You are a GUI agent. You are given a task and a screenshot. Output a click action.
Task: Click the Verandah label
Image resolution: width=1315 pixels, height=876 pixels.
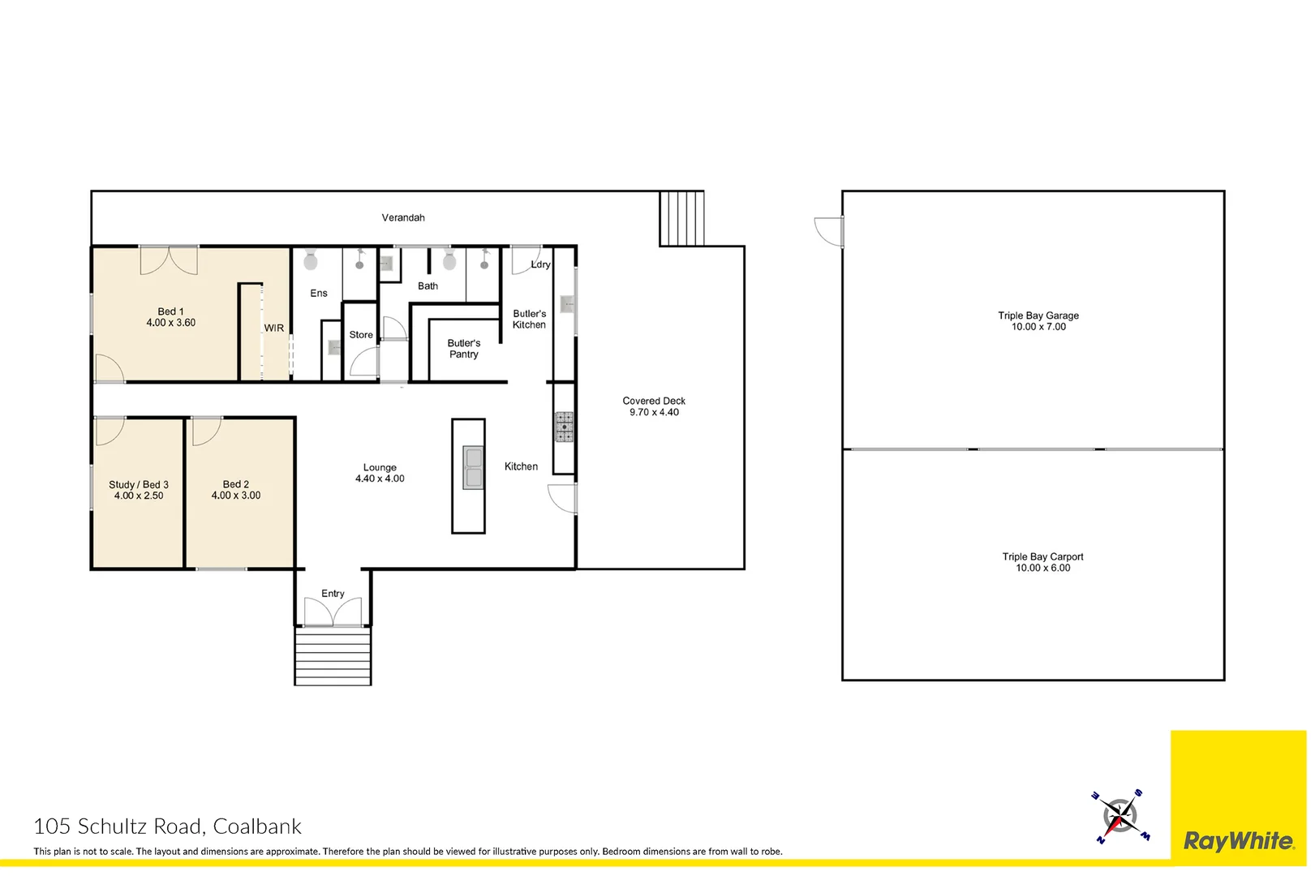[x=403, y=217]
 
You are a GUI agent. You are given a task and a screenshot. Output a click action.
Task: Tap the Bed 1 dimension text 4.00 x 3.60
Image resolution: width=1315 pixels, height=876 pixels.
[x=170, y=323]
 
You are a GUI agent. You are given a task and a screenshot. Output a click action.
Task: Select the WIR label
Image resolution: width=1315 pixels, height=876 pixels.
[x=274, y=328]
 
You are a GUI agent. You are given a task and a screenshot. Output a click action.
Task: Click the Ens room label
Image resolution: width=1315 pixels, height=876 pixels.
[x=319, y=294]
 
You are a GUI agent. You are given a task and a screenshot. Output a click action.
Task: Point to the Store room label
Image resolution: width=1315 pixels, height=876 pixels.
[x=361, y=335]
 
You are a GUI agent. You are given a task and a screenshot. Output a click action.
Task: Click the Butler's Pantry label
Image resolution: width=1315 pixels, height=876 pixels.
[x=464, y=349]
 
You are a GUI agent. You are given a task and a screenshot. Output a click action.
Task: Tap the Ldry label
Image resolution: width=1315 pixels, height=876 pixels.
[x=540, y=264]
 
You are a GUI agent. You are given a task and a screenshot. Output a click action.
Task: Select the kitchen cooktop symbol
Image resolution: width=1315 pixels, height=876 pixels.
[x=564, y=427]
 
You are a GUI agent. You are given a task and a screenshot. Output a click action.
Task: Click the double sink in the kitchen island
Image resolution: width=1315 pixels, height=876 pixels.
[x=473, y=468]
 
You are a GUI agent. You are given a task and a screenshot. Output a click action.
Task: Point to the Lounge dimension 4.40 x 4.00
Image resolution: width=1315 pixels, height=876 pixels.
[x=380, y=479]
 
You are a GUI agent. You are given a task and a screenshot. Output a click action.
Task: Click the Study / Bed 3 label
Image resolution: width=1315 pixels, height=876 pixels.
[x=139, y=485]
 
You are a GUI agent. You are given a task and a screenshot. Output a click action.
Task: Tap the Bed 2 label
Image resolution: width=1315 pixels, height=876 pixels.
[x=236, y=484]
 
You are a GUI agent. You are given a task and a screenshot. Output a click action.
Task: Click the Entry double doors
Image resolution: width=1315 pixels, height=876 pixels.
[x=333, y=612]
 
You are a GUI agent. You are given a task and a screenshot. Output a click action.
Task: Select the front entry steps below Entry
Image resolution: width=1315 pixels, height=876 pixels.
[x=333, y=656]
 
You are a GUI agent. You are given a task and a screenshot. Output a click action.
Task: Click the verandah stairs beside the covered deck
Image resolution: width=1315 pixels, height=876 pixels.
[x=681, y=218]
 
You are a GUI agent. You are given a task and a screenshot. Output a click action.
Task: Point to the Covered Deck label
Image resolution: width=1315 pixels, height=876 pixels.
[x=654, y=401]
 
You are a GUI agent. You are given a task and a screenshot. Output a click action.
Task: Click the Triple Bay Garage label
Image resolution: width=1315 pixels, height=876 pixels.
[x=1038, y=316]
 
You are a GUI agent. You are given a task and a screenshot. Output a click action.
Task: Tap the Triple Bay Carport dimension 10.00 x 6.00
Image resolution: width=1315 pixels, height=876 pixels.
[x=1043, y=569]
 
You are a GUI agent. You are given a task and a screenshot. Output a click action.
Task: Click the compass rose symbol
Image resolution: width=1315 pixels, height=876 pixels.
[x=1119, y=815]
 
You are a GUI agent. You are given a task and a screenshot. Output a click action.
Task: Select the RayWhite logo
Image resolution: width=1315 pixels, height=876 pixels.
[x=1239, y=841]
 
